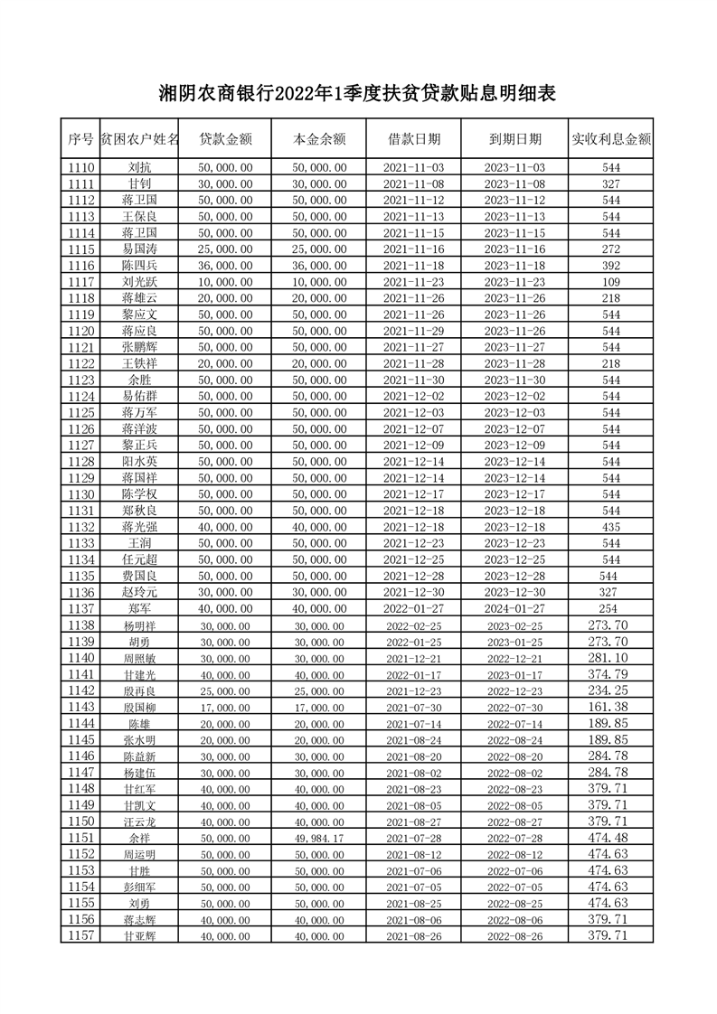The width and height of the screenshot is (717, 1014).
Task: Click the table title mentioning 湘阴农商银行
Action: [357, 92]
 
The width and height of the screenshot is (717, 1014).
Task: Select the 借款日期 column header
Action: [414, 139]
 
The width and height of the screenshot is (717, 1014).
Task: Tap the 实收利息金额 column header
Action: [611, 139]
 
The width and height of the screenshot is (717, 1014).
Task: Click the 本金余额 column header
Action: [319, 139]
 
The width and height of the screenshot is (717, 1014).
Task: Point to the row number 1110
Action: [80, 168]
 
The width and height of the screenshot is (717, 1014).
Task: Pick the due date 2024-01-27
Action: [514, 608]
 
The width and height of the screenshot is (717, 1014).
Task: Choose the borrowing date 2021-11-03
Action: [414, 168]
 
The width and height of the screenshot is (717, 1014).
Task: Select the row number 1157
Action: [80, 935]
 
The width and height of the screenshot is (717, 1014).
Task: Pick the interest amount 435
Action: [611, 527]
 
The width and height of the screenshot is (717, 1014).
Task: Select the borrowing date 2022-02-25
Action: [414, 625]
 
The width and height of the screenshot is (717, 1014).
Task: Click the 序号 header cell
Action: [80, 139]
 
